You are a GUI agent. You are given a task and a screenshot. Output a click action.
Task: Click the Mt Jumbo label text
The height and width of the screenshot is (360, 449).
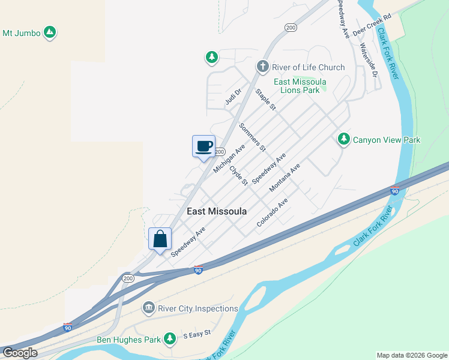(x=22, y=33)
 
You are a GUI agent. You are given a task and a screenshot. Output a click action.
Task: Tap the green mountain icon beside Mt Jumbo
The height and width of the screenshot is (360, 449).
(x=50, y=32)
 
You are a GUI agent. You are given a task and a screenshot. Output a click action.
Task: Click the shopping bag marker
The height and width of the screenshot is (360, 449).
(x=160, y=239)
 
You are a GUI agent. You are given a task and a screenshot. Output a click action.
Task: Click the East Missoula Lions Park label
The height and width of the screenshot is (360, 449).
(x=300, y=86)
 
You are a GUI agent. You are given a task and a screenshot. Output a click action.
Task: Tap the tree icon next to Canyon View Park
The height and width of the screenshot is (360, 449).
(x=343, y=139)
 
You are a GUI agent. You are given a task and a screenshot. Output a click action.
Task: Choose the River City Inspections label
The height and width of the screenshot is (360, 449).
(x=197, y=308)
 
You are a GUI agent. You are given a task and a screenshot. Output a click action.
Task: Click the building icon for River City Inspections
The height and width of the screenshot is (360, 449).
(x=148, y=308)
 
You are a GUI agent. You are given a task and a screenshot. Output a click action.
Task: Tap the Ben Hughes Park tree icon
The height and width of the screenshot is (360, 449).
(x=170, y=340)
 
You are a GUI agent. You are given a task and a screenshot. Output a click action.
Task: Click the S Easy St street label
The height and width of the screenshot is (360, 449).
(x=197, y=333)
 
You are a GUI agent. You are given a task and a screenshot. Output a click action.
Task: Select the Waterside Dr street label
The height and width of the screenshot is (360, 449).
(x=368, y=60)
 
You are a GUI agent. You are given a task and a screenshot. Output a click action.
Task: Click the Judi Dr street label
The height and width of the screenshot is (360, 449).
(x=233, y=97)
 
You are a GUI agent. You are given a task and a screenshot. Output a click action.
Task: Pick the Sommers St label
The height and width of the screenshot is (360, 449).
(x=252, y=137)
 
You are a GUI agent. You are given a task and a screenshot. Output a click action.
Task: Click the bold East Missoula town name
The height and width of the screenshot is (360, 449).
(x=217, y=211)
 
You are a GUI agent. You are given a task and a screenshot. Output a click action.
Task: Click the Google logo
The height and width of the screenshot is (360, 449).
(x=20, y=353)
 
